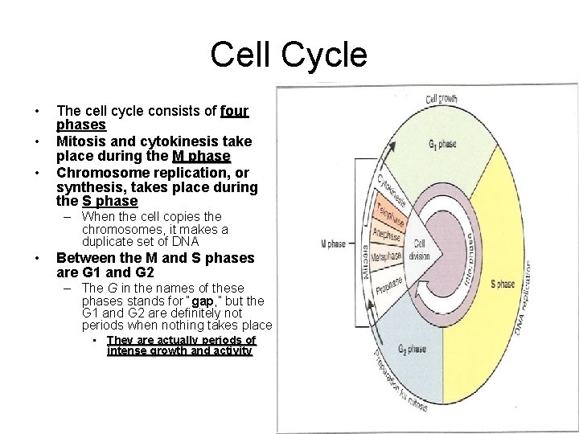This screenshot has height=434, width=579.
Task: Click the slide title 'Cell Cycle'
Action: click(x=289, y=55)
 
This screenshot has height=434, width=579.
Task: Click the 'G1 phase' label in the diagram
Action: click(x=441, y=145)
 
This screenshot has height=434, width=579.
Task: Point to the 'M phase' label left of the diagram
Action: click(x=333, y=244)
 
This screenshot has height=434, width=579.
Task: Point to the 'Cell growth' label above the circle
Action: click(x=441, y=99)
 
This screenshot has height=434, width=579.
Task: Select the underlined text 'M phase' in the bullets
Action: click(x=201, y=156)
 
